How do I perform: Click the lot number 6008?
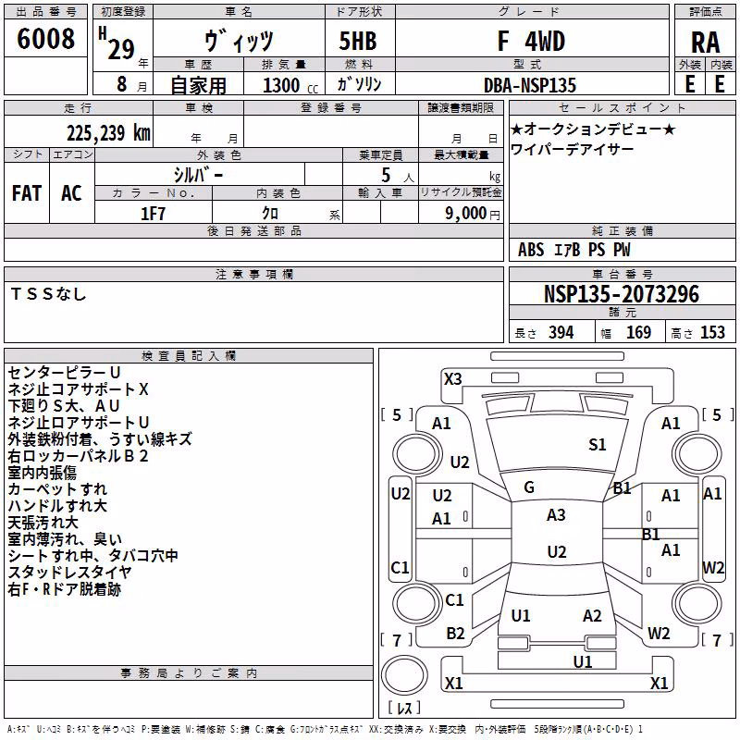pyautogui.click(x=45, y=39)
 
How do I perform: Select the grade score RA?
pyautogui.click(x=705, y=43)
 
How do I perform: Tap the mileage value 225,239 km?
pyautogui.click(x=108, y=133)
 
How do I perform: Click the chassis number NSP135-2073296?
pyautogui.click(x=621, y=294)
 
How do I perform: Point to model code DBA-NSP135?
pyautogui.click(x=530, y=85)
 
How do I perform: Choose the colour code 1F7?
pyautogui.click(x=153, y=214)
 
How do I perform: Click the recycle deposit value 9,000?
pyautogui.click(x=466, y=214)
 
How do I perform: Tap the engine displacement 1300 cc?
pyautogui.click(x=290, y=85)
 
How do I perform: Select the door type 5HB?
pyautogui.click(x=358, y=41)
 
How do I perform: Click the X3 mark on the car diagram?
pyautogui.click(x=452, y=379)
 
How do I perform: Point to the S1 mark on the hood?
pyautogui.click(x=597, y=445)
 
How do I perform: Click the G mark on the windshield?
pyautogui.click(x=529, y=487)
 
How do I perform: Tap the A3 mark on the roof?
pyautogui.click(x=556, y=515)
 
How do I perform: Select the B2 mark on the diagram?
pyautogui.click(x=455, y=634)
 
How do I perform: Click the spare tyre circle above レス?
pyautogui.click(x=404, y=674)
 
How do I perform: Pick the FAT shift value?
pyautogui.click(x=27, y=193)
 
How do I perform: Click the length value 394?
pyautogui.click(x=561, y=332)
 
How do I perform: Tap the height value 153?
pyautogui.click(x=712, y=332)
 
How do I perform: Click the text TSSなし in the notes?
pyautogui.click(x=49, y=294)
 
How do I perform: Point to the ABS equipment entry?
pyautogui.click(x=531, y=250)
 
